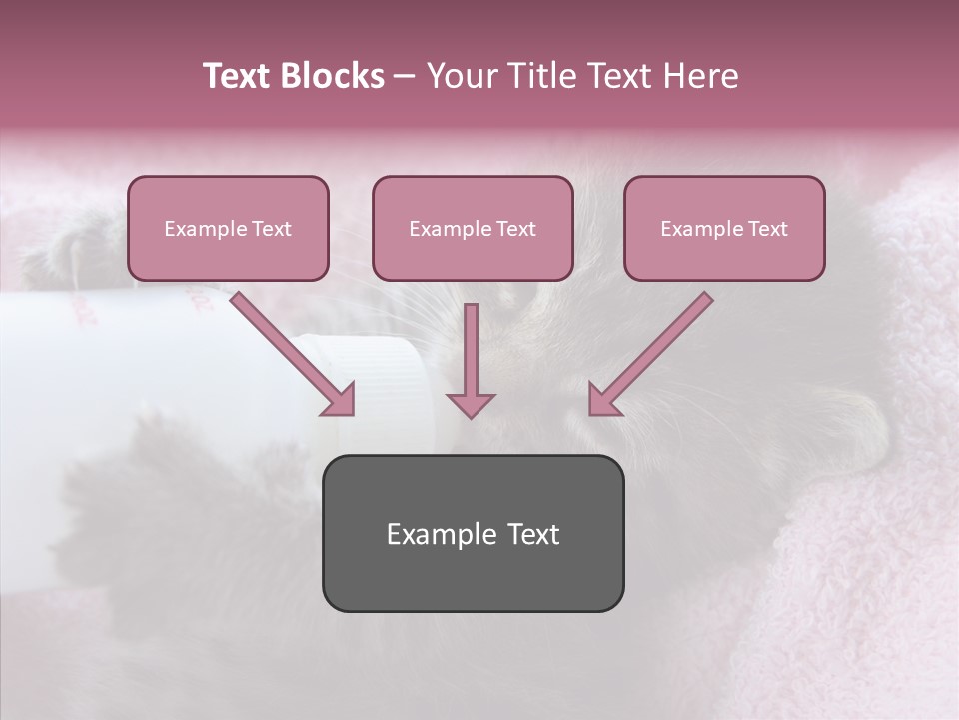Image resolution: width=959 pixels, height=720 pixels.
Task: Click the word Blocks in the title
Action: [x=332, y=76]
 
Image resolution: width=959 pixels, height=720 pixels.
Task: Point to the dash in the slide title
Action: [x=405, y=77]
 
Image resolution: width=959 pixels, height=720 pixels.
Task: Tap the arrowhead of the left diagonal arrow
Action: [x=340, y=400]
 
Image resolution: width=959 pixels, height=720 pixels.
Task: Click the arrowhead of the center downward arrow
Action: [x=471, y=404]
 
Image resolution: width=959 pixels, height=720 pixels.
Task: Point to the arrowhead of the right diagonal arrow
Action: [x=603, y=400]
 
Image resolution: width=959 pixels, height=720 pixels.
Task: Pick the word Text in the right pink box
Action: [x=768, y=229]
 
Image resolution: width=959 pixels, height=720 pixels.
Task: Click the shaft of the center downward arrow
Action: [x=471, y=345]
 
